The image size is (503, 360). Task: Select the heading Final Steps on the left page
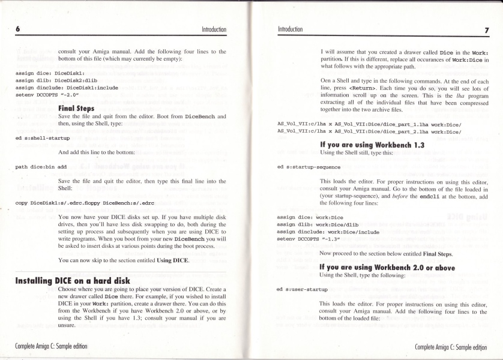(77, 109)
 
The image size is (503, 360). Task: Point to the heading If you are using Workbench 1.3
(369, 145)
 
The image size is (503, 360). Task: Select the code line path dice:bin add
(41, 166)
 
